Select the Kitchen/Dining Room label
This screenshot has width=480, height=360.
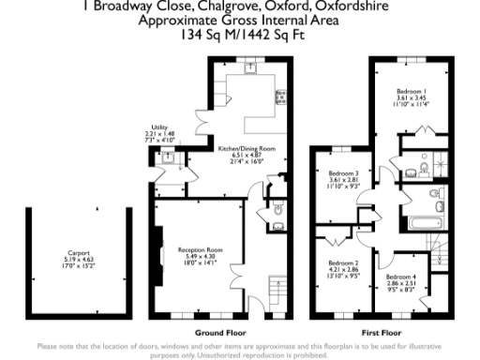tap(247, 149)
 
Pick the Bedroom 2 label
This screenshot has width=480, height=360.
tap(344, 263)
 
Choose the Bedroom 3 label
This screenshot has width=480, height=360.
tap(344, 172)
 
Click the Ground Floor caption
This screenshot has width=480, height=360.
tap(221, 333)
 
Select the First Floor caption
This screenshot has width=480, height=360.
tap(382, 333)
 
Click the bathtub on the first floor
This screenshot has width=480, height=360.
tap(430, 224)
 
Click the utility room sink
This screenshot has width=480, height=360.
tap(167, 160)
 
